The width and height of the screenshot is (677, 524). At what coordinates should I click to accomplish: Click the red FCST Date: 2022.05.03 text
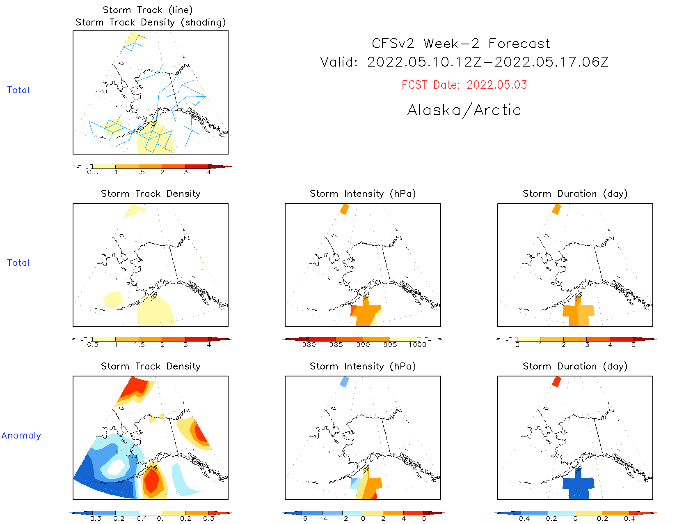pos(464,85)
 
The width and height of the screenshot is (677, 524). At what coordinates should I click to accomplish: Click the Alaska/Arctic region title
pos(464,110)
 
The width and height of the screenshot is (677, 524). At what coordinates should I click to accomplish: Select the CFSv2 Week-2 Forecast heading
pos(461,44)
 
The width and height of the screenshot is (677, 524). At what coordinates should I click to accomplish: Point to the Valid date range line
pos(464,62)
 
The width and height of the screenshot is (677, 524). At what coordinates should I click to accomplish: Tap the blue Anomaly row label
pos(21,436)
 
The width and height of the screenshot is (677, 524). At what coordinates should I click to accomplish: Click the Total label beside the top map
pos(18,90)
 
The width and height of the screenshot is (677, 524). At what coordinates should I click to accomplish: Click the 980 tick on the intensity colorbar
pos(309,345)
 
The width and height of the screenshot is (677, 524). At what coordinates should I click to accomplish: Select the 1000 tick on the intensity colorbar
pos(417,345)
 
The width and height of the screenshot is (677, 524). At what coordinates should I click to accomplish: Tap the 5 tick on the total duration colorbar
pos(634,345)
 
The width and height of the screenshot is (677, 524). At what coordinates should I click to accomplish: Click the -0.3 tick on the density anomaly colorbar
pos(93,519)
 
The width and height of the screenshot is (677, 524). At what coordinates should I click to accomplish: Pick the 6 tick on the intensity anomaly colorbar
pos(424,519)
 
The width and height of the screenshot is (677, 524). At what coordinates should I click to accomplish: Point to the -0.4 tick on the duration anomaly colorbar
pos(521,519)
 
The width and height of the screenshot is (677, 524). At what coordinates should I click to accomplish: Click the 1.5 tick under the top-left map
pos(139,172)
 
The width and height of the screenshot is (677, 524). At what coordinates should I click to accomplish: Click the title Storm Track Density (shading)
pos(151,23)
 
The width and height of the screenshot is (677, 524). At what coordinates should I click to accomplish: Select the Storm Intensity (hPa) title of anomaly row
pos(363,367)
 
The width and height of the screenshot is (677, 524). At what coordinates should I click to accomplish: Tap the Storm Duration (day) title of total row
pos(575,194)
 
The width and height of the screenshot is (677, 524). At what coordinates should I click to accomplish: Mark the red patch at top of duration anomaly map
pos(556,381)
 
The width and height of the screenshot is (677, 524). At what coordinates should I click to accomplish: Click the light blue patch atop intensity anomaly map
pos(345,382)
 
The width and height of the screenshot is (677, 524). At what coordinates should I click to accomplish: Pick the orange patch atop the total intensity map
pos(345,209)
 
